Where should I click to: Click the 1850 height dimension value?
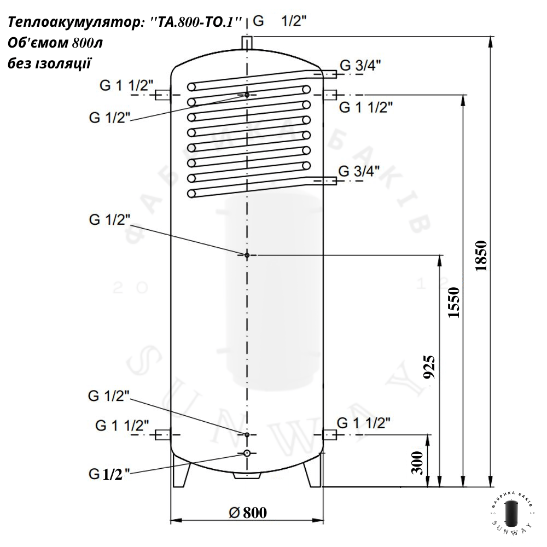[x=481, y=255]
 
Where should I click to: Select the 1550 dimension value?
[x=453, y=302]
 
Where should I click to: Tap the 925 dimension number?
[x=429, y=367]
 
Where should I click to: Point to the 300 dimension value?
[x=417, y=463]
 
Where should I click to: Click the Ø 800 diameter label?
[x=248, y=513]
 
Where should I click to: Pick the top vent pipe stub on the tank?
[x=247, y=43]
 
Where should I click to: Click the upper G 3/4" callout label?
[x=360, y=65]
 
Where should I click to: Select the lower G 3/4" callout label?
[x=359, y=171]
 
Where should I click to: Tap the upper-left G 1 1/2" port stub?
[x=162, y=95]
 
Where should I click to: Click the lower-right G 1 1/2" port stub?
[x=330, y=435]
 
